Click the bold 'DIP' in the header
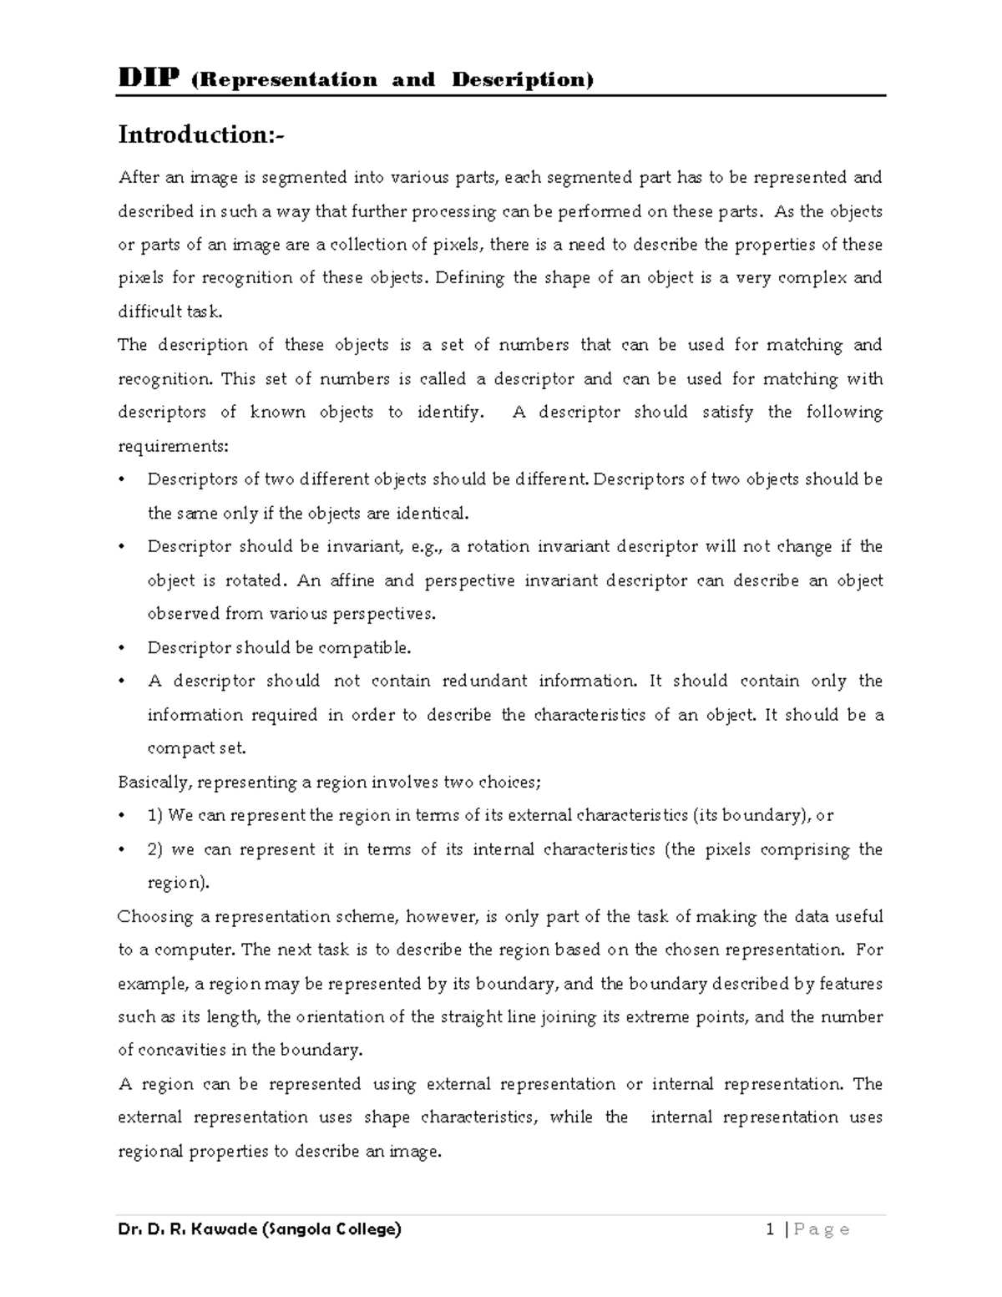coord(149,79)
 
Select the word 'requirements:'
coord(172,446)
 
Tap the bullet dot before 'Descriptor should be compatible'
coord(123,648)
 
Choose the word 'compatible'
coord(370,648)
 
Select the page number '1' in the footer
coord(769,1229)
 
